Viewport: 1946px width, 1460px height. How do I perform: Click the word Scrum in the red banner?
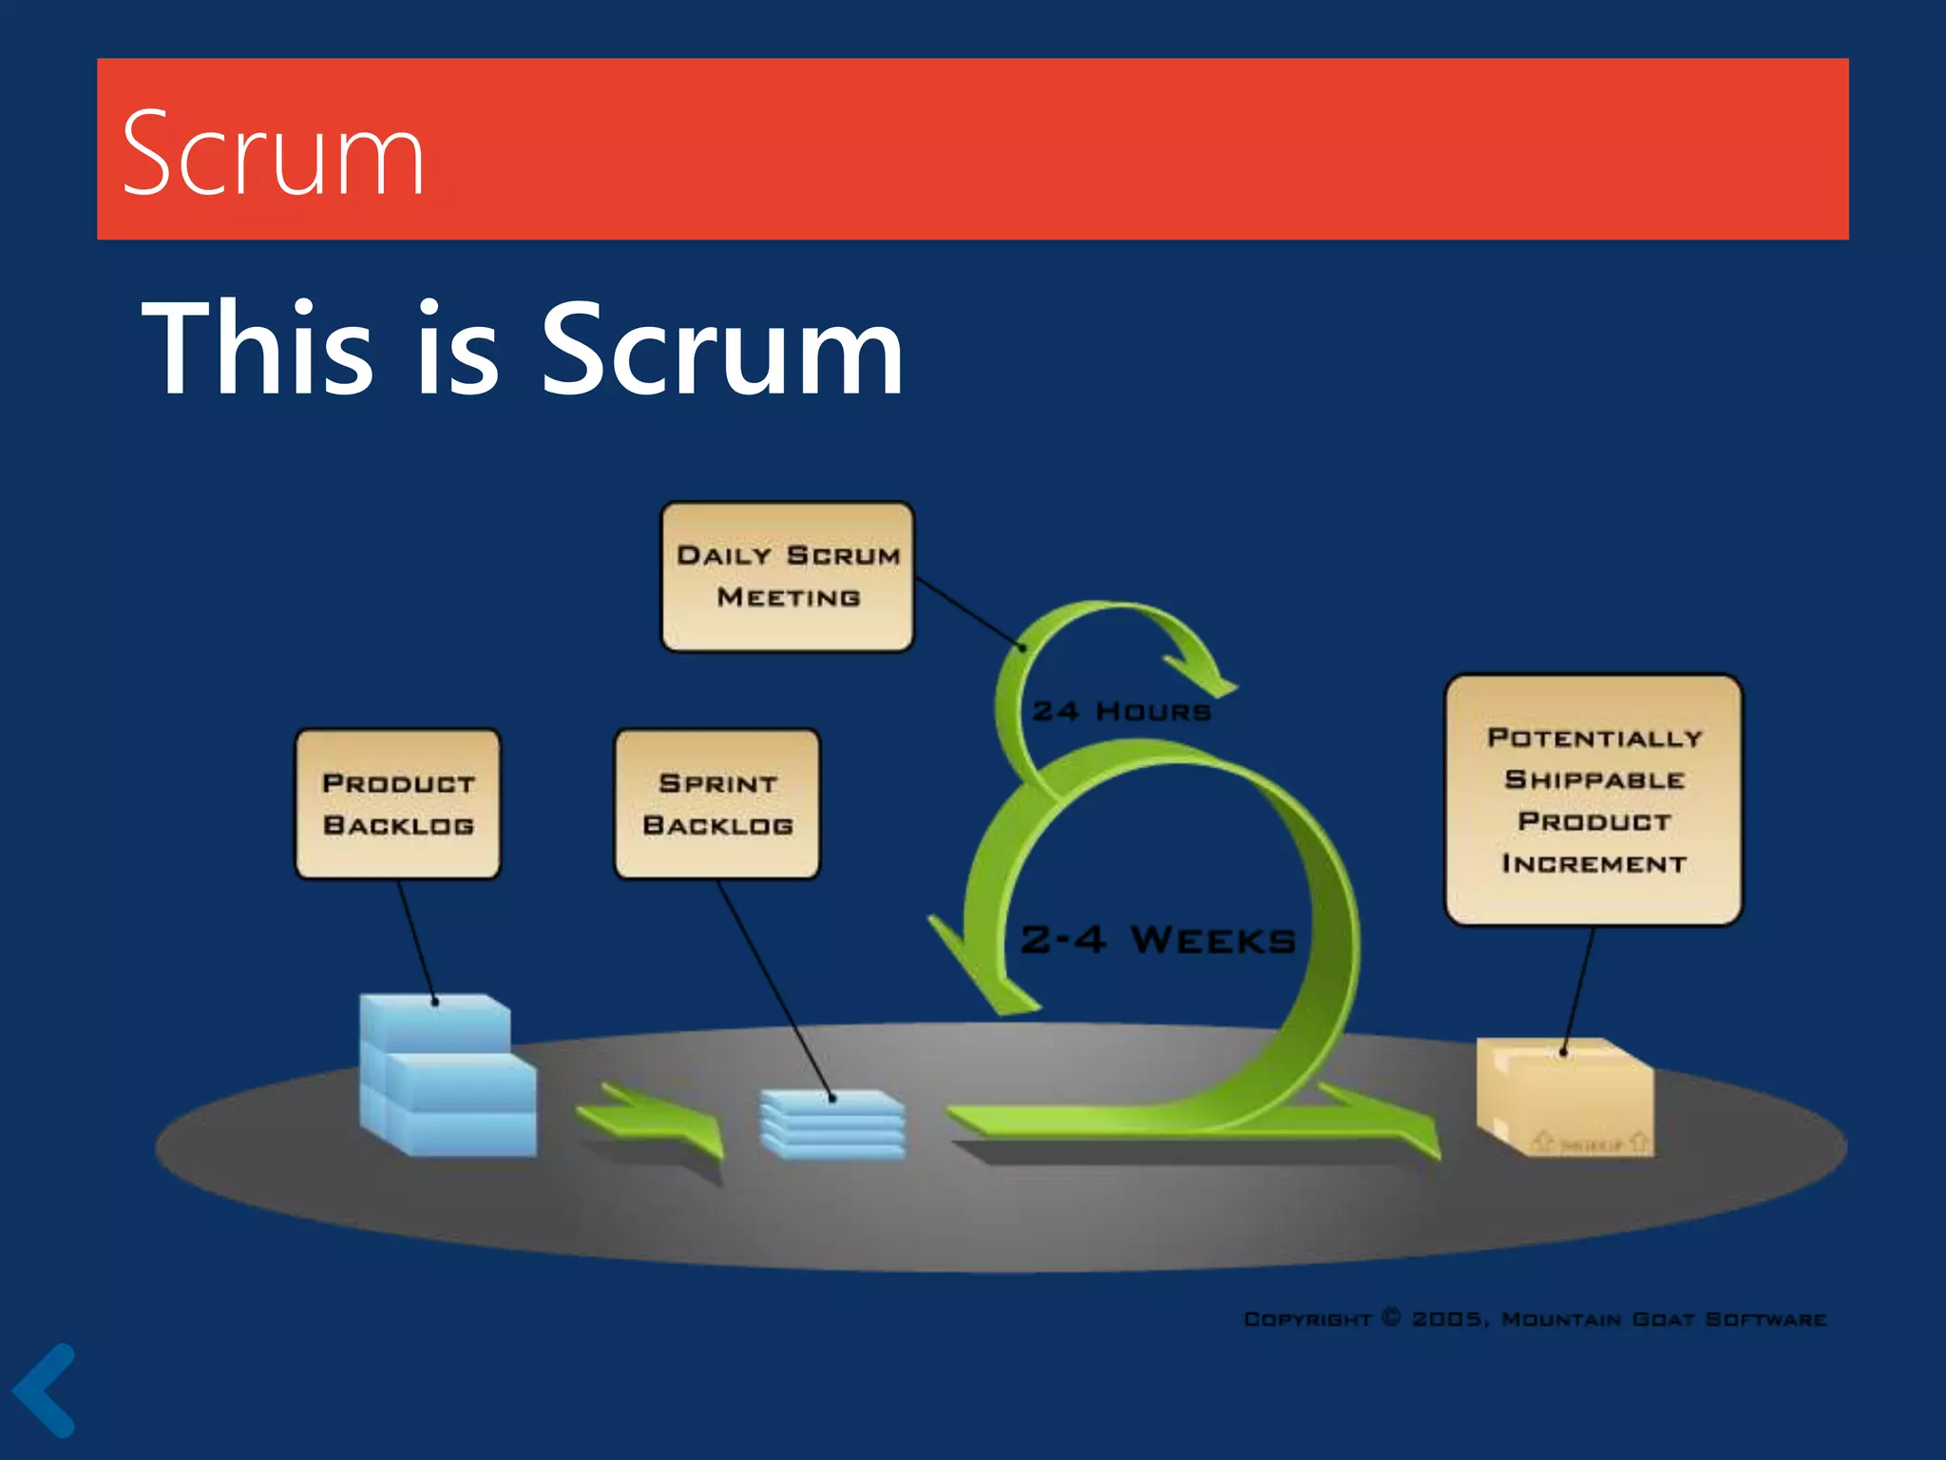pyautogui.click(x=273, y=153)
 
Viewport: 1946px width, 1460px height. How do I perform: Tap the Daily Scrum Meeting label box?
pyautogui.click(x=787, y=577)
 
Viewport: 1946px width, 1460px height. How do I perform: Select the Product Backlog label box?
pyautogui.click(x=397, y=804)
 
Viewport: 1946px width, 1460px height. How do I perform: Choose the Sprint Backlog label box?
pyautogui.click(x=717, y=804)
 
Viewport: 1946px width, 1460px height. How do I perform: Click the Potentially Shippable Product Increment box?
pyautogui.click(x=1593, y=799)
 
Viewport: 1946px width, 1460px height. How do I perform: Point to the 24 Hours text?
pyautogui.click(x=1121, y=711)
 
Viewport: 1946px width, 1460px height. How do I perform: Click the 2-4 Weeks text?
pyautogui.click(x=1157, y=940)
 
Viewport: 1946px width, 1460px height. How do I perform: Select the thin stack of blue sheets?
pyautogui.click(x=833, y=1124)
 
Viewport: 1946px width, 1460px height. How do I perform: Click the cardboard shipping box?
pyautogui.click(x=1565, y=1098)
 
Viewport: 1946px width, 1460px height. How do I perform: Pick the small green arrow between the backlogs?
pyautogui.click(x=656, y=1122)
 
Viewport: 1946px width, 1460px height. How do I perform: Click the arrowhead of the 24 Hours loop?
pyautogui.click(x=1202, y=671)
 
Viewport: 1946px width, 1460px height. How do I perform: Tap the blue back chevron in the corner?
pyautogui.click(x=45, y=1390)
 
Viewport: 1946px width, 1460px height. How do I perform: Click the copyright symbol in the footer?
pyautogui.click(x=1391, y=1317)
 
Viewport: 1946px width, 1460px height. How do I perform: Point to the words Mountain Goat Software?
pyautogui.click(x=1663, y=1319)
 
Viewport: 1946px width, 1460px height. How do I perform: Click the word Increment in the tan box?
pyautogui.click(x=1593, y=864)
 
